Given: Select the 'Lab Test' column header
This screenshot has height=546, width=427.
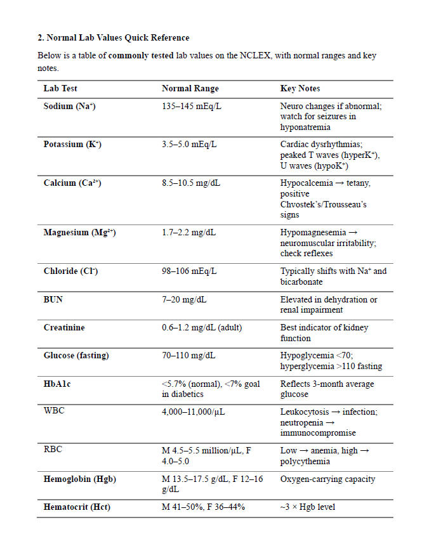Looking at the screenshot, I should tap(60, 89).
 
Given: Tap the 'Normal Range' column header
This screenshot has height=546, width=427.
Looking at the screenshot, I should tap(190, 89).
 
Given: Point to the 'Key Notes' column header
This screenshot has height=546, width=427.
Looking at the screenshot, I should tap(300, 89).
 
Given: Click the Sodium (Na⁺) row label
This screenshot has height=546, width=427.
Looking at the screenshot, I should tap(69, 106).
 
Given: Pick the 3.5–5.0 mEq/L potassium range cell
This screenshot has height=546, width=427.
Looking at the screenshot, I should tap(189, 145).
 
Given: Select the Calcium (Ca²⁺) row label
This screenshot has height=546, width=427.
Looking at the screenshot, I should tap(72, 183).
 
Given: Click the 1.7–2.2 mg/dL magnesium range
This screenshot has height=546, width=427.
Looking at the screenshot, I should tap(188, 233).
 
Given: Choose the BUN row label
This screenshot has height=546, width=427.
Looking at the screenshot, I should tap(53, 299).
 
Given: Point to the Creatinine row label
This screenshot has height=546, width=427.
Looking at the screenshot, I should tap(64, 328).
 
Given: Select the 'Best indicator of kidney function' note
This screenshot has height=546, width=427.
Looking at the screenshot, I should tap(324, 333).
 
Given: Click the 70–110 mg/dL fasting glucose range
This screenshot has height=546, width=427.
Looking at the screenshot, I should tap(188, 356).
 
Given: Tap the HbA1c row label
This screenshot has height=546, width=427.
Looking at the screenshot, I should tap(57, 384).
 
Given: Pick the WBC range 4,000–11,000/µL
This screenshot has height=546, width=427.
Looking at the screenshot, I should tap(194, 412).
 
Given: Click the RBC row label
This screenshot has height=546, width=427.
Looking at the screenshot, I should tap(53, 450).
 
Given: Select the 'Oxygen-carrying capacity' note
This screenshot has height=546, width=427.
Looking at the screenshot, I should tap(327, 479).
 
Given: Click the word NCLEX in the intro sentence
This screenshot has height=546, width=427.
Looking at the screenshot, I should tap(256, 56).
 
